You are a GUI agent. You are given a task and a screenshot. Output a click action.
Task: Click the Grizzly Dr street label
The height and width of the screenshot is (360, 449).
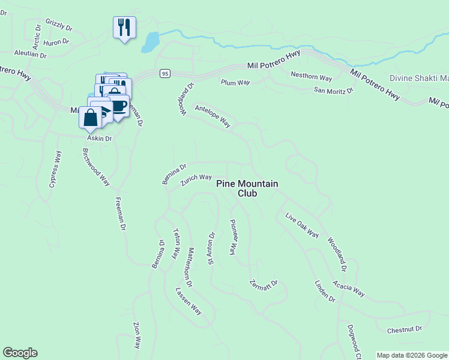point(59,27)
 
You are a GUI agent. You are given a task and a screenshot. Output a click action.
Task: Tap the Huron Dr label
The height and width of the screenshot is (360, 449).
point(57,42)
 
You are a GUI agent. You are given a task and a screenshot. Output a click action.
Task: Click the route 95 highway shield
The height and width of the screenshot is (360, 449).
point(165,73)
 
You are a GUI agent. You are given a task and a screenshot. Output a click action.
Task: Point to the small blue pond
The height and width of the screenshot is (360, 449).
point(150,42)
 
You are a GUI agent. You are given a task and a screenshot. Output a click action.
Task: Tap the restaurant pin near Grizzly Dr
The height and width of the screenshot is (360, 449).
point(124,28)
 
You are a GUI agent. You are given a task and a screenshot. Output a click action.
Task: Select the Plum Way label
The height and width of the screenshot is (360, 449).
point(235,82)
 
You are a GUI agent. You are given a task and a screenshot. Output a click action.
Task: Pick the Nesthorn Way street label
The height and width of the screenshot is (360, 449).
point(311,77)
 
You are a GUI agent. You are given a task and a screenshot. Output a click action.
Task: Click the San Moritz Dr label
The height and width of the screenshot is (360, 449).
point(334,90)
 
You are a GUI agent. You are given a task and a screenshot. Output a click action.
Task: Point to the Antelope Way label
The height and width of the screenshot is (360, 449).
point(212,116)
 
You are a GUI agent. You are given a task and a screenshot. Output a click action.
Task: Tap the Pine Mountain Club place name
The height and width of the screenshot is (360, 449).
point(247,188)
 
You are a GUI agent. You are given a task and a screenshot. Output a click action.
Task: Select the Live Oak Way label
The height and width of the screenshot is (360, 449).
point(302,225)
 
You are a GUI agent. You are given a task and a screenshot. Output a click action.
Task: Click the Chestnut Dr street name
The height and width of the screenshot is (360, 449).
point(405,329)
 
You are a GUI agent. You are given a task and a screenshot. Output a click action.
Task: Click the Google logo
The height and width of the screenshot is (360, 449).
point(20,353)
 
